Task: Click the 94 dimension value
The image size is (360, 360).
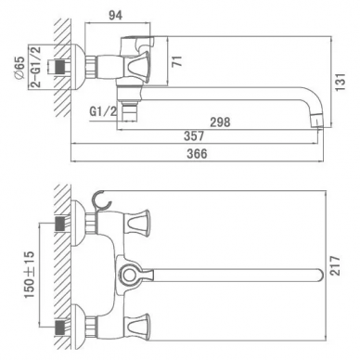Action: (116, 15)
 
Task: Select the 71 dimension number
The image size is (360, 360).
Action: (177, 61)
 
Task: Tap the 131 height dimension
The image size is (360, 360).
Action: (341, 82)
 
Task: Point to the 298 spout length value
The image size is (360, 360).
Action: (220, 122)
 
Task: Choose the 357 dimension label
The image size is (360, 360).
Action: (194, 135)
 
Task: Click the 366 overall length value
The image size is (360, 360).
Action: (197, 153)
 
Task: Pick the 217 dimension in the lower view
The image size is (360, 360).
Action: (335, 266)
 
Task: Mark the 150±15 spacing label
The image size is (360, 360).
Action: (30, 275)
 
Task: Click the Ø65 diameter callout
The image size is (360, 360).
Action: (19, 69)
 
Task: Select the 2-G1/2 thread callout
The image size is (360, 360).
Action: (36, 67)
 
